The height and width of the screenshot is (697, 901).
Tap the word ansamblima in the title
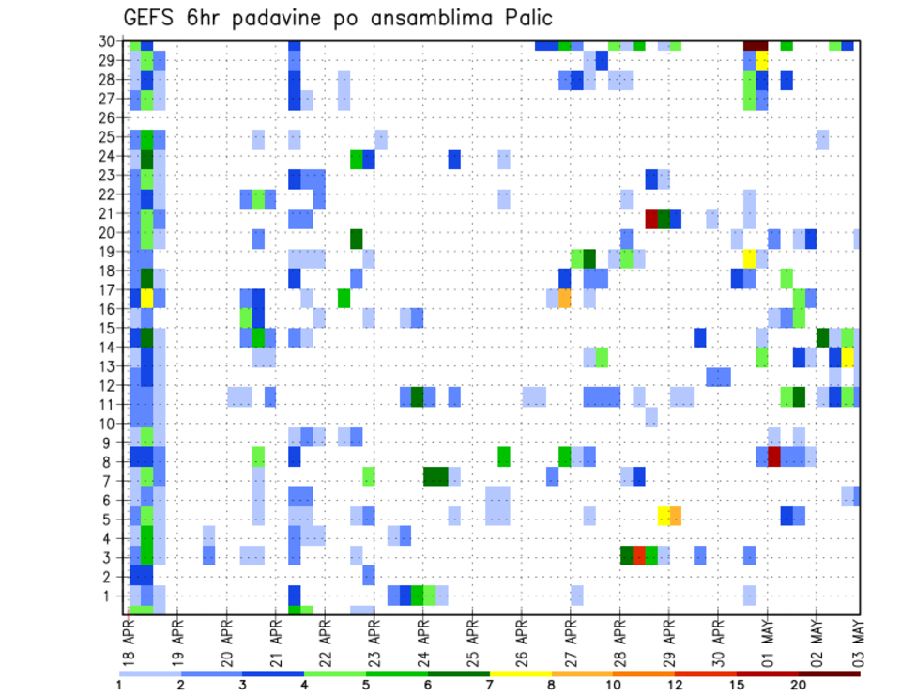point(414,18)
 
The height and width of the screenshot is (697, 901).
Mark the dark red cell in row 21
point(651,219)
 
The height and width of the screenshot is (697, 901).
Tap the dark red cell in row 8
point(774,457)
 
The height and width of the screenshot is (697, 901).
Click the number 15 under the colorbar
point(737,684)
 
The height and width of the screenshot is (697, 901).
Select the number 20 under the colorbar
point(799,684)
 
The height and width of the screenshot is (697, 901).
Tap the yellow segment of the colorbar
point(520,674)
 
